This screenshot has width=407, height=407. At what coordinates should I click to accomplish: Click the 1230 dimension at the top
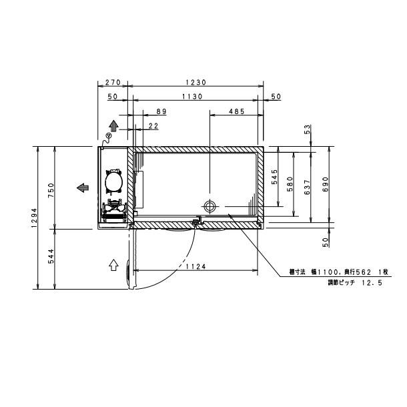pyautogui.click(x=195, y=83)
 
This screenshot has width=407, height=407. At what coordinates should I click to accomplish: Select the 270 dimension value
pyautogui.click(x=113, y=83)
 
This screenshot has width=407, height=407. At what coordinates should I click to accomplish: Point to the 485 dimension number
pyautogui.click(x=236, y=111)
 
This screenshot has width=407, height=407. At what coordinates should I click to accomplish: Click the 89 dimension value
pyautogui.click(x=161, y=111)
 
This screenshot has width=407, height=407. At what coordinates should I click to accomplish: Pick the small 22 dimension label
pyautogui.click(x=153, y=125)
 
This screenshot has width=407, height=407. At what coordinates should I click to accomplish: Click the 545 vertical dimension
pyautogui.click(x=274, y=177)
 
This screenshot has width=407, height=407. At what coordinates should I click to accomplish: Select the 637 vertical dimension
pyautogui.click(x=308, y=186)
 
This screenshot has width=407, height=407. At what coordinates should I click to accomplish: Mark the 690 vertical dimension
pyautogui.click(x=326, y=184)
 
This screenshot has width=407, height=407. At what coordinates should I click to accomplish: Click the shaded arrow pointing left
pyautogui.click(x=84, y=187)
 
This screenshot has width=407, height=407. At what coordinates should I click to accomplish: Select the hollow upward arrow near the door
pyautogui.click(x=113, y=264)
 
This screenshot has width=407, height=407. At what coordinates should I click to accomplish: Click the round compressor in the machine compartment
pyautogui.click(x=113, y=181)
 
